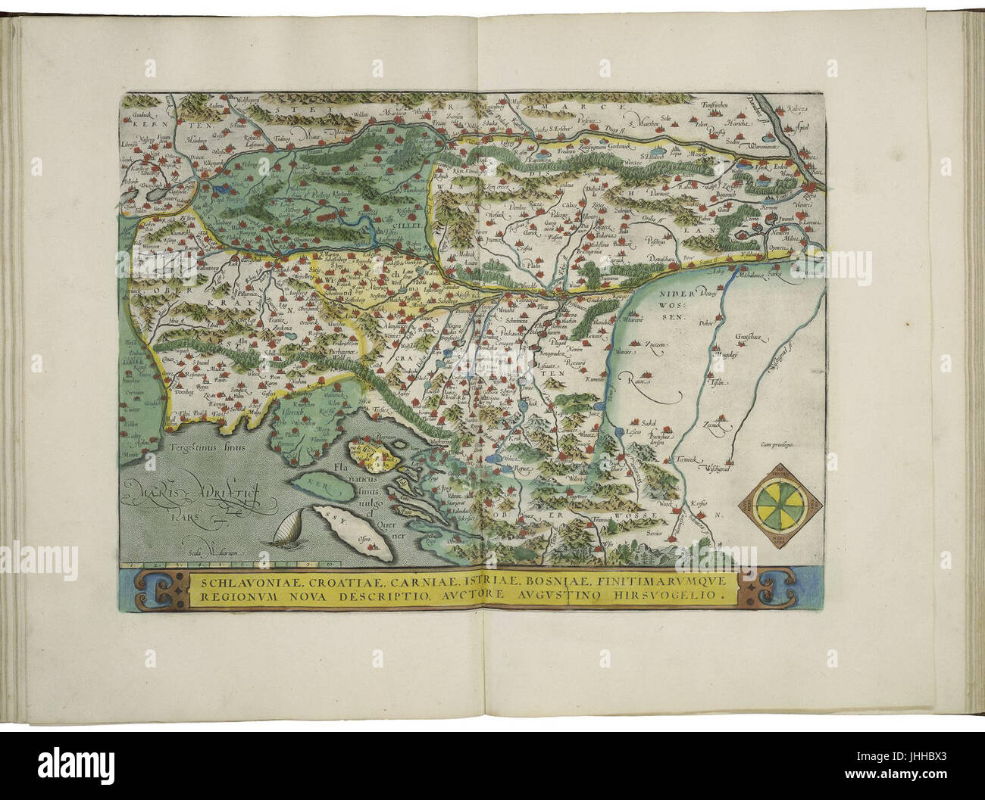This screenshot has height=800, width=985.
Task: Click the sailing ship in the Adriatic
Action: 288,529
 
